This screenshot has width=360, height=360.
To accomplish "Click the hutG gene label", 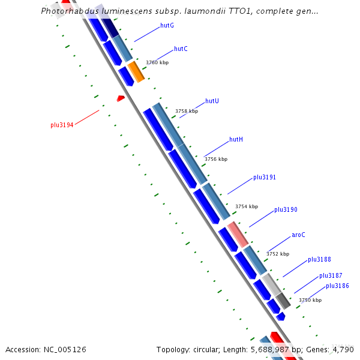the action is coord(167,26).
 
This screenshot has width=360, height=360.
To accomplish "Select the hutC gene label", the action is coord(181,49).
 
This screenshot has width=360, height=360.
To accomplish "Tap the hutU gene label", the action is coord(212,101).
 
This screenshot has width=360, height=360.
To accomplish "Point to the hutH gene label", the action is coord(236,139).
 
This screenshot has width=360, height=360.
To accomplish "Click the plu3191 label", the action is coord(264,177).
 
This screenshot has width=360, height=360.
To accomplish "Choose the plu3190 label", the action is coord(286,210).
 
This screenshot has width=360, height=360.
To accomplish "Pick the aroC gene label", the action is coord(298,235).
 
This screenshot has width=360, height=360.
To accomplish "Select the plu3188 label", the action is coord(319,259).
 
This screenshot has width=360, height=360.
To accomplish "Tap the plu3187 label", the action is coord(331,275).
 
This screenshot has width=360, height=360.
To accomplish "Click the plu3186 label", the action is coord(337,286).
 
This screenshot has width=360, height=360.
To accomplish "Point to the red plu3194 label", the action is coord(62,125).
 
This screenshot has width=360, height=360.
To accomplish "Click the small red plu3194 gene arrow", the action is coord(121,98).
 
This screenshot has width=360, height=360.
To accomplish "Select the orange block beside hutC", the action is coord(136,71).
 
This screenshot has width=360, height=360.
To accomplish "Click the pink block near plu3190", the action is coord(238,233).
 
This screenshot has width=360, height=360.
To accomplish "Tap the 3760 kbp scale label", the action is coord(157,62).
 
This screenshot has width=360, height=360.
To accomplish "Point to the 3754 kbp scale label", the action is coord(246,206).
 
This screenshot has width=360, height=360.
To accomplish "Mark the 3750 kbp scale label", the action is coord(310,300).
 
